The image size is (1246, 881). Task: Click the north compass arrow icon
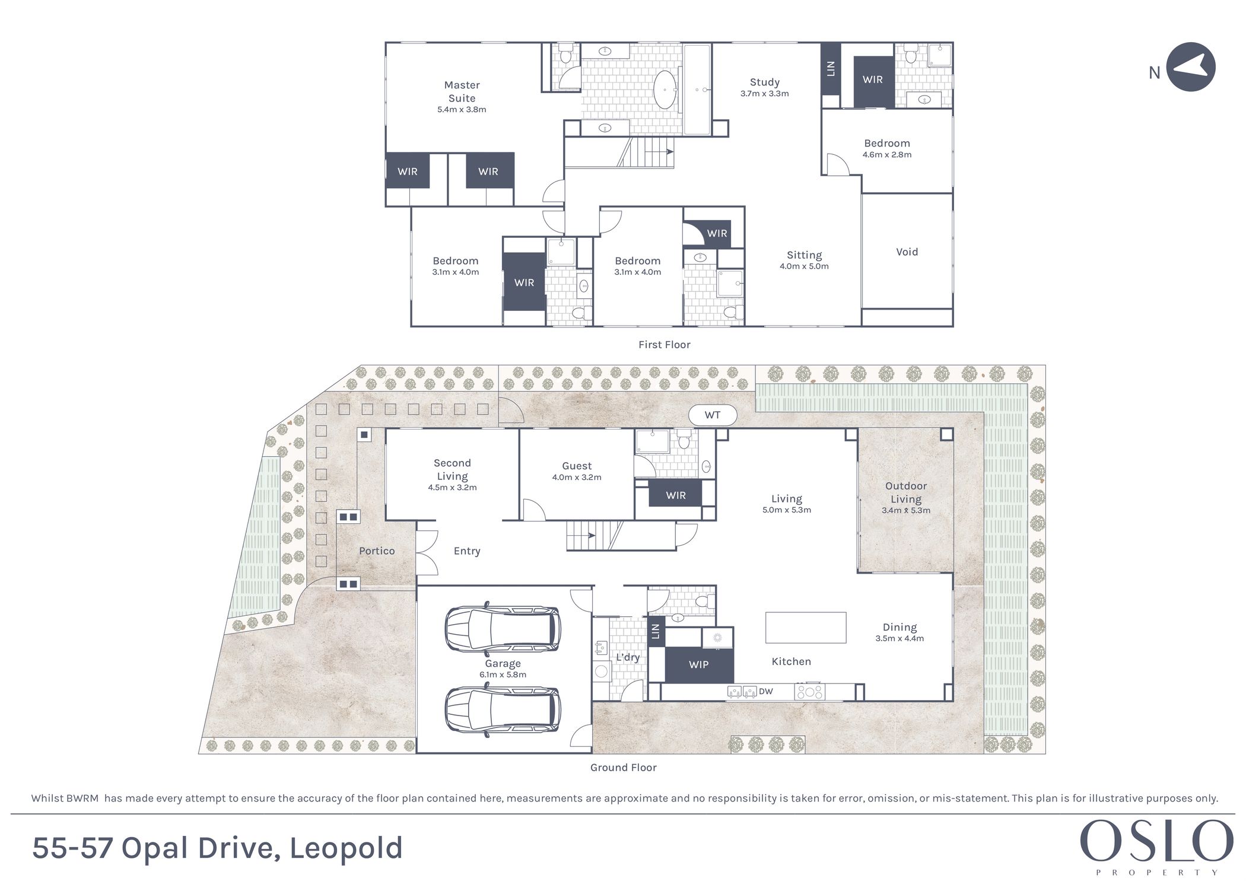[1191, 66]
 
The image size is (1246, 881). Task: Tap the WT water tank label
[713, 415]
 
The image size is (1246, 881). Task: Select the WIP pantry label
[699, 664]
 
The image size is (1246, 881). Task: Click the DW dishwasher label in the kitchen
[766, 691]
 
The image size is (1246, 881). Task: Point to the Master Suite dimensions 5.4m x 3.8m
[462, 110]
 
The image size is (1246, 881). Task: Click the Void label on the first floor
[907, 252]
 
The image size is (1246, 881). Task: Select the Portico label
[377, 551]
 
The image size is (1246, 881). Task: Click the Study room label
[765, 82]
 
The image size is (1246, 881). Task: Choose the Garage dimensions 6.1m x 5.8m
[503, 675]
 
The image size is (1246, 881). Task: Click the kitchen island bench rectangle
[806, 628]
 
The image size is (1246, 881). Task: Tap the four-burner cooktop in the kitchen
[810, 692]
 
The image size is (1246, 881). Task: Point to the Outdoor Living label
[906, 492]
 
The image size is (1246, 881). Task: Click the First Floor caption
[665, 345]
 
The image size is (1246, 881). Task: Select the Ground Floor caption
[624, 768]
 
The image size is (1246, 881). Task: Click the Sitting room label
[805, 256]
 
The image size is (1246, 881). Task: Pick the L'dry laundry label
[628, 657]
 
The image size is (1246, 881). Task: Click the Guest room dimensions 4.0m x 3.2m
[577, 478]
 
